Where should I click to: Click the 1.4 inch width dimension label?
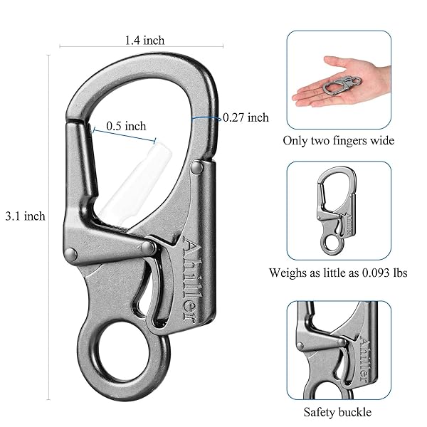(144, 41)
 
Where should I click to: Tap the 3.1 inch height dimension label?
(26, 216)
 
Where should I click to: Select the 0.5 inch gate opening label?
(126, 126)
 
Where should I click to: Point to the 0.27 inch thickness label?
(246, 117)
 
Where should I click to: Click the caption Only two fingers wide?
(339, 141)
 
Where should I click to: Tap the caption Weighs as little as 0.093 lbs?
(338, 273)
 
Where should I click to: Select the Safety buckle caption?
(337, 412)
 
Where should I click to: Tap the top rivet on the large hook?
(196, 167)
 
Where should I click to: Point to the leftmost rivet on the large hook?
(71, 254)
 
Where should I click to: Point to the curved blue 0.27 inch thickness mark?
(206, 118)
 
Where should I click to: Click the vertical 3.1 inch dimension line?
(49, 228)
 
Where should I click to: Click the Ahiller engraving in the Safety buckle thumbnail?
(364, 359)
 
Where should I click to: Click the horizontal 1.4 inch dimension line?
(142, 46)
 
